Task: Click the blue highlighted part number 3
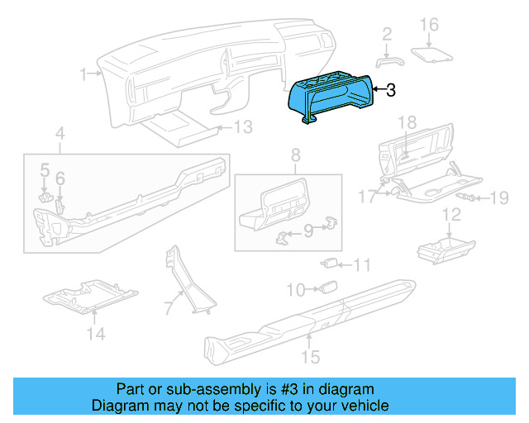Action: (x=331, y=97)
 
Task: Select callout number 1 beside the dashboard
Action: (x=84, y=75)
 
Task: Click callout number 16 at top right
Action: (x=428, y=25)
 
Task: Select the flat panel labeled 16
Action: (x=432, y=53)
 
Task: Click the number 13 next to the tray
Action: (x=241, y=127)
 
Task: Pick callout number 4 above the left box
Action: (x=60, y=134)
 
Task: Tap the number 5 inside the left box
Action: (x=45, y=169)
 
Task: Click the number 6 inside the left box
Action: (x=60, y=178)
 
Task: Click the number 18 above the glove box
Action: (x=407, y=123)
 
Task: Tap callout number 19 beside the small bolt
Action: (x=498, y=197)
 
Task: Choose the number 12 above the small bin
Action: (x=451, y=216)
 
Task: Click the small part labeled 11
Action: (x=330, y=264)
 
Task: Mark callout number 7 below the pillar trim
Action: (x=168, y=309)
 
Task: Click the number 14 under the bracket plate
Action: (x=97, y=334)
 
